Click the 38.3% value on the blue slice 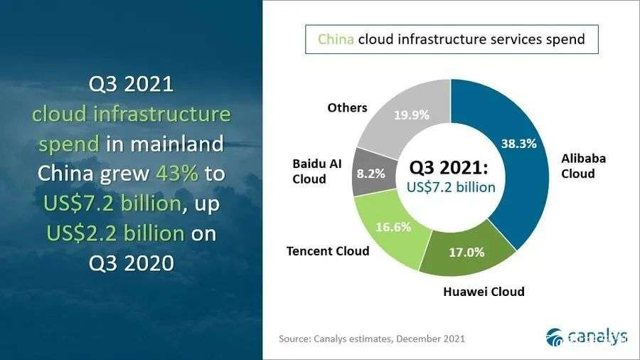point(519,144)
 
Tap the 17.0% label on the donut point(466,253)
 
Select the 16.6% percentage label point(393,227)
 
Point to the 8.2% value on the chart point(371,174)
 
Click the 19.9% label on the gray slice point(412,115)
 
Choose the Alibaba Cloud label point(583,166)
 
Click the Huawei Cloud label point(484,292)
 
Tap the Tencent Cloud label point(328,251)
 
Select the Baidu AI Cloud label point(316,171)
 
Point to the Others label point(347,107)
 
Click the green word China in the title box point(336,39)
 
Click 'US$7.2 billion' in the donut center point(451,187)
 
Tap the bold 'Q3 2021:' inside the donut point(449,167)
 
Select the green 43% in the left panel point(177,174)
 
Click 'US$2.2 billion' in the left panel point(115,233)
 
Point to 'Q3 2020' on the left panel point(132,263)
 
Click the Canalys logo point(587,337)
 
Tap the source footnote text point(372,339)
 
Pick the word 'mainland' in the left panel point(177,144)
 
